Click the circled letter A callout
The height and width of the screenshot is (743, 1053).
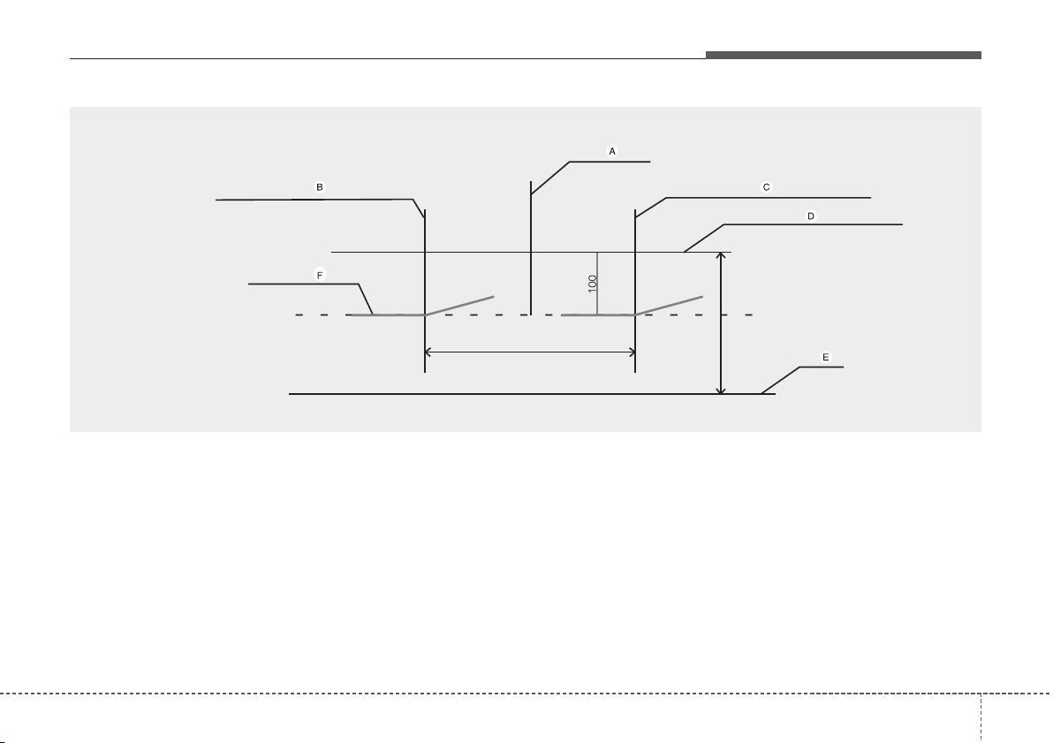[x=612, y=151]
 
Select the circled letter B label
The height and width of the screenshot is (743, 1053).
[x=320, y=186]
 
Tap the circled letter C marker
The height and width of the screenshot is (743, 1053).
[x=766, y=186]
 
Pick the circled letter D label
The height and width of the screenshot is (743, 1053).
[x=811, y=216]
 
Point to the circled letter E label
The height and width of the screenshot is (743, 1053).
[x=826, y=358]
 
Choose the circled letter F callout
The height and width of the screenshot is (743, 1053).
[x=320, y=276]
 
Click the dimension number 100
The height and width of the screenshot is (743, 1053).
[x=592, y=283]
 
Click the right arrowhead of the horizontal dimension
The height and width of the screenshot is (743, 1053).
[x=632, y=352]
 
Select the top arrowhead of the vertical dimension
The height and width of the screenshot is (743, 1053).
[x=721, y=256]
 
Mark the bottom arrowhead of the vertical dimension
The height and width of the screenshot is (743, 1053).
[x=721, y=390]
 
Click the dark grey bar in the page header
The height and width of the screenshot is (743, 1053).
[x=844, y=55]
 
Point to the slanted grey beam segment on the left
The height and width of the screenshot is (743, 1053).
[x=459, y=305]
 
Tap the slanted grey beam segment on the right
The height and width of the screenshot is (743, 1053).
[x=669, y=305]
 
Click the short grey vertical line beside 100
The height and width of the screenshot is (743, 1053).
[x=597, y=284]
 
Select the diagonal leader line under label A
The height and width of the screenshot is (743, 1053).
[x=550, y=178]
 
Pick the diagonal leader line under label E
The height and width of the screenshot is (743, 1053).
[x=780, y=380]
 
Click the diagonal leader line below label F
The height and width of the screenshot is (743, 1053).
[x=366, y=299]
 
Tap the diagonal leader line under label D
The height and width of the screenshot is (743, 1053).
[x=704, y=238]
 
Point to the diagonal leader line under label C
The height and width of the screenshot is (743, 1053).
[x=651, y=208]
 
